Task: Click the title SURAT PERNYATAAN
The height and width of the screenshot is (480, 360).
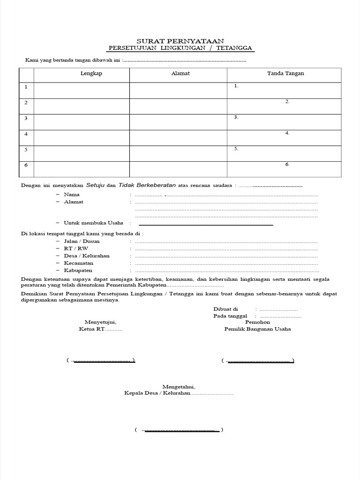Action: (180, 41)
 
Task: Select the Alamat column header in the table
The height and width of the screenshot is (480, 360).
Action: (180, 74)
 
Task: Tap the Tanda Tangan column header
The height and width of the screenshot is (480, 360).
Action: (285, 74)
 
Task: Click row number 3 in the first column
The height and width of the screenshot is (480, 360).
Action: (26, 118)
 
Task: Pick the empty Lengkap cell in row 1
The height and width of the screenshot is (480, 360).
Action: (82, 90)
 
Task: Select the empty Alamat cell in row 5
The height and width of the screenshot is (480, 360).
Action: (178, 153)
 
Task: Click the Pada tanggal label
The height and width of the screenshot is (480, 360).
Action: (230, 316)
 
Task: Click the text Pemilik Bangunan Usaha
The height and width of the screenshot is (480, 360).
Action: (257, 329)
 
